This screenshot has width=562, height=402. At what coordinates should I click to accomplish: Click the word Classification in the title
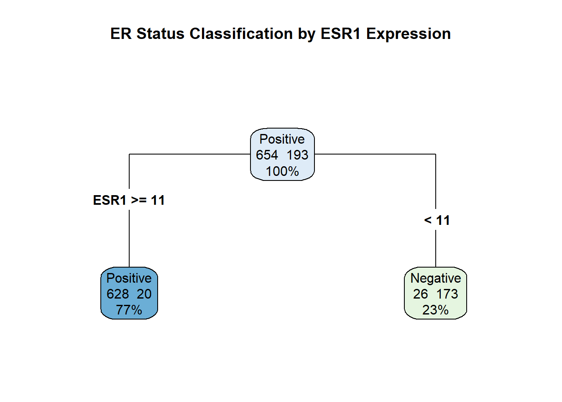[x=241, y=33]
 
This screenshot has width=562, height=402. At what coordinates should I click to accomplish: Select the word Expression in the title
[x=409, y=34]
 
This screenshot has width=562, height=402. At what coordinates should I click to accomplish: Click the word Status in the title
[x=160, y=33]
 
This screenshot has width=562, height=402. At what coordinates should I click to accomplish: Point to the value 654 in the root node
[x=267, y=155]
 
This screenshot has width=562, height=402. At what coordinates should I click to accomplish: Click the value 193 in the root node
[x=297, y=155]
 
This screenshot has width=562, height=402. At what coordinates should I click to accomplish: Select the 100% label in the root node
[x=282, y=171]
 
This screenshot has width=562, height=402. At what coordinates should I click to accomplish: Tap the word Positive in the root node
[x=282, y=139]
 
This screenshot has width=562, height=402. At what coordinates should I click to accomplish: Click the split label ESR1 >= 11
[x=129, y=200]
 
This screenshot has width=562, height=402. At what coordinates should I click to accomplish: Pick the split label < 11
[x=437, y=220]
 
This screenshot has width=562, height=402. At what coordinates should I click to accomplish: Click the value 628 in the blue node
[x=118, y=294]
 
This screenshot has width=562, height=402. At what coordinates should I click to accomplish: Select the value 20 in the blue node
[x=144, y=294]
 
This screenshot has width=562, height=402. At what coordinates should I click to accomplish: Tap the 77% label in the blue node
[x=129, y=310]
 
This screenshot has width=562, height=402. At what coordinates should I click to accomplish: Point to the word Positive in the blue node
[x=129, y=278]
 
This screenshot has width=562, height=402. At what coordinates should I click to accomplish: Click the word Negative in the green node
[x=436, y=278]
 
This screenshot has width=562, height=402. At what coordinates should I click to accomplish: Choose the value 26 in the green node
[x=420, y=294]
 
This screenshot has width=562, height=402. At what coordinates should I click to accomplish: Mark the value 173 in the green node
[x=447, y=294]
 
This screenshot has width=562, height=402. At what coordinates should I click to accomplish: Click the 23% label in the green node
[x=435, y=310]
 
